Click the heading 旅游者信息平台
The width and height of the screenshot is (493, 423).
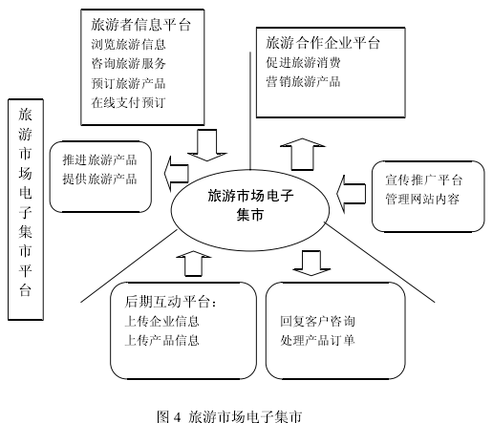pos(140,25)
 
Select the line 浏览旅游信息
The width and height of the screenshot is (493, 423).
pos(128,44)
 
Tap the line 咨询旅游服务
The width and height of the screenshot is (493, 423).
pos(128,64)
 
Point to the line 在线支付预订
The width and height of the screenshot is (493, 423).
pos(128,102)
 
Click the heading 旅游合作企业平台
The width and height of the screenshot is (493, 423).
pos(323,43)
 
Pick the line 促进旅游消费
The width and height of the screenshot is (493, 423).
pos(303,62)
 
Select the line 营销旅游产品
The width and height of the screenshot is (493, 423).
pos(303,82)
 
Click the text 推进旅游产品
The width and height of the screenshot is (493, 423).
pos(99,159)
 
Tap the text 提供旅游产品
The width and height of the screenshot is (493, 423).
pos(99,179)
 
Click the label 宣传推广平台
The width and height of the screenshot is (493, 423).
pos(423,180)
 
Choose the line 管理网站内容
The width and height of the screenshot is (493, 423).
pos(422,200)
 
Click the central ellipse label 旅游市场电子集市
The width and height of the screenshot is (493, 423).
pos(250,205)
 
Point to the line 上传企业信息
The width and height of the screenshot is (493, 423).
pos(161,321)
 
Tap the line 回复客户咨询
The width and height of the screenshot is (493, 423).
pos(317,321)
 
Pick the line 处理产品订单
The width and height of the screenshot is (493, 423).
pos(317,341)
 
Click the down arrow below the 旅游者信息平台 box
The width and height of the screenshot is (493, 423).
pos(207,145)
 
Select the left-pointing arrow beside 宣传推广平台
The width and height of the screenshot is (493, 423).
pos(351,194)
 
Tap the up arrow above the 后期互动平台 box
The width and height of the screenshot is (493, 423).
pos(194,264)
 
